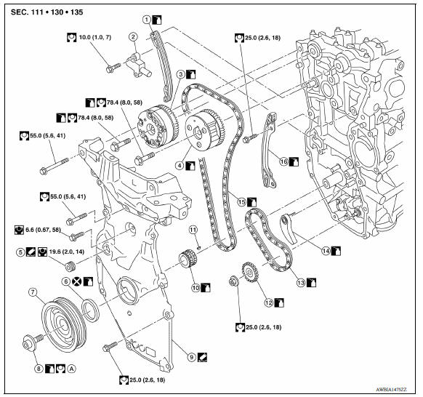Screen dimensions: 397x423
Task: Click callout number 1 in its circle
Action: pyautogui.click(x=147, y=18)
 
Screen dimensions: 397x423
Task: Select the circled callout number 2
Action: pyautogui.click(x=133, y=36)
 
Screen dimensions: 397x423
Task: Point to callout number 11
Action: pyautogui.click(x=194, y=230)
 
